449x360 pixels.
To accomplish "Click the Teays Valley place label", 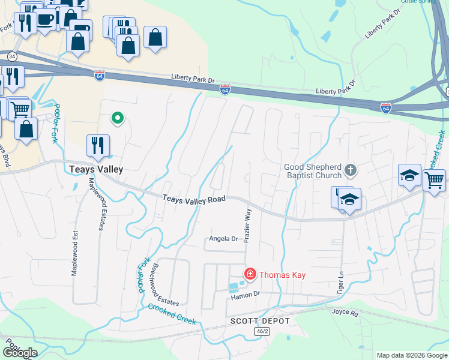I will point(97,169).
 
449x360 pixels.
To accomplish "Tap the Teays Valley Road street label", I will point(193,199).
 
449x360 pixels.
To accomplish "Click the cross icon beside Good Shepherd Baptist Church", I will point(351,171).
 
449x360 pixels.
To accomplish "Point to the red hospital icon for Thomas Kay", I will point(250,275).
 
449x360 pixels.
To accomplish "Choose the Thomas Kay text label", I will point(283,275).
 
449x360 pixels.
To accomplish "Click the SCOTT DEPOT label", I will point(260,321).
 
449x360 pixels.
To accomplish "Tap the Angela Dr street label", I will point(223,238).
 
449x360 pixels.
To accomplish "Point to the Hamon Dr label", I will point(244,294).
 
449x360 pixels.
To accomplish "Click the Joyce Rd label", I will point(345,312).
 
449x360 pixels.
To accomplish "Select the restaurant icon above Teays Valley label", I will point(97,145).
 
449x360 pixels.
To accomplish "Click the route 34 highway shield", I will point(11,56).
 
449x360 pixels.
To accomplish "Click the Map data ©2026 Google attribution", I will point(411,355).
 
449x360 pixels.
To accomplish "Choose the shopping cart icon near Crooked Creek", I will point(434,179).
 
